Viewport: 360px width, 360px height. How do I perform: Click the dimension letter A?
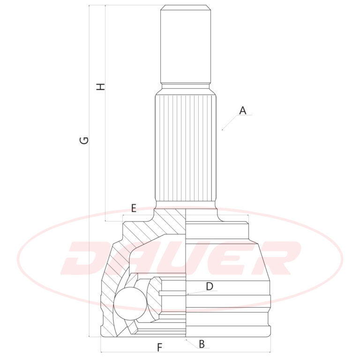click(x=243, y=111)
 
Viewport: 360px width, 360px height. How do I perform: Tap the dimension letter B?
click(x=202, y=344)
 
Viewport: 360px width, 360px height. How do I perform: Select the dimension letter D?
click(x=210, y=286)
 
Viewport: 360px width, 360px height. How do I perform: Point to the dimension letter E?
click(x=134, y=208)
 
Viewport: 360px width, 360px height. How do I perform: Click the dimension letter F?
click(x=159, y=347)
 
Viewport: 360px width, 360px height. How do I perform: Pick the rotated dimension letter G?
click(x=84, y=141)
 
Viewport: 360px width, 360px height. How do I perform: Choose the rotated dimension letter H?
click(x=101, y=87)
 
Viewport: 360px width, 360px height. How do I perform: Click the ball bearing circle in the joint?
click(x=130, y=304)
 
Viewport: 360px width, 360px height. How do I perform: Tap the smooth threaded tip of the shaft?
click(x=185, y=44)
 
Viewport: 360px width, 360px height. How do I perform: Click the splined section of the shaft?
click(x=185, y=148)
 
